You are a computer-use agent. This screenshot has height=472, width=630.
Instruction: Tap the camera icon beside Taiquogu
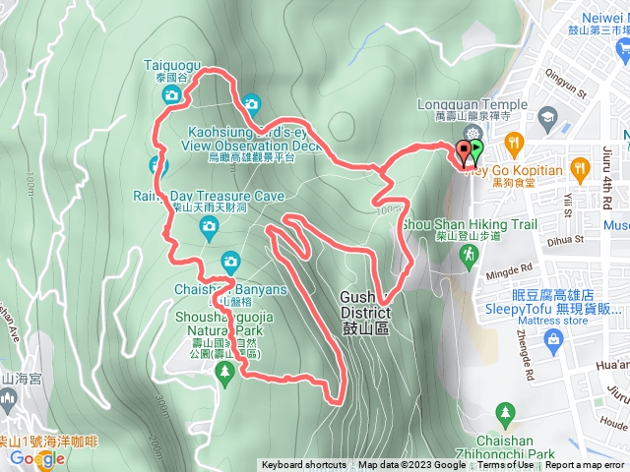point(171,95)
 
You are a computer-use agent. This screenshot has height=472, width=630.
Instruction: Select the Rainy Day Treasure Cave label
point(208,197)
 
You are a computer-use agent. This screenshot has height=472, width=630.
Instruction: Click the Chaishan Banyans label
point(230,289)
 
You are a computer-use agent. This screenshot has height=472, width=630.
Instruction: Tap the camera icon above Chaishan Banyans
point(230,262)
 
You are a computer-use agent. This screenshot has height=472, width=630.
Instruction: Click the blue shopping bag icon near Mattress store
point(552,340)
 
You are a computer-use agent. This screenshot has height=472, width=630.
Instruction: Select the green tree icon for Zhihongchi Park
point(505,412)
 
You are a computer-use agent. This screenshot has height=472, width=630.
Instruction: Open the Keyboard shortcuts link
point(303,465)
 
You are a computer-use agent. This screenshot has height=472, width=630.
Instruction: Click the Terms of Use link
point(506,465)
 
